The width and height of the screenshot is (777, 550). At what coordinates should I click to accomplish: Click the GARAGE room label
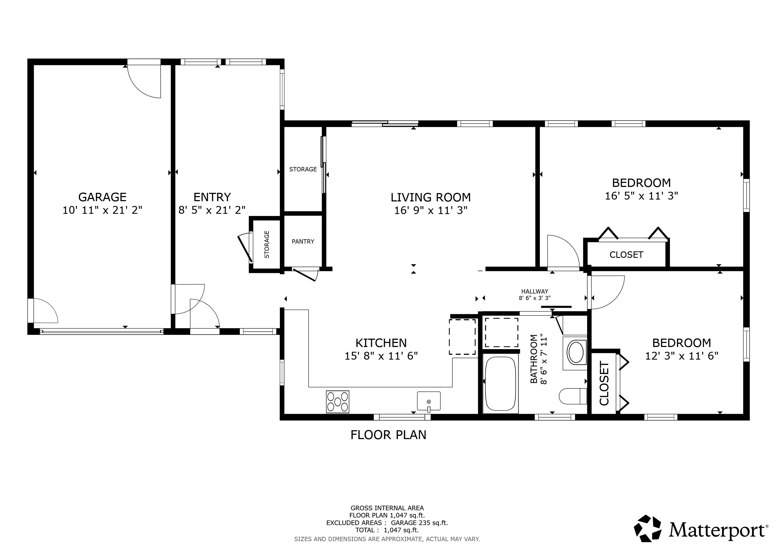click(x=102, y=197)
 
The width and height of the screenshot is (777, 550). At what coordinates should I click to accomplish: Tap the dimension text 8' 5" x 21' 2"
click(x=212, y=210)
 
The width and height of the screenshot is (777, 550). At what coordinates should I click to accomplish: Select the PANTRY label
click(x=303, y=241)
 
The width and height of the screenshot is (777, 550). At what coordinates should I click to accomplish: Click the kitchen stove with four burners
click(x=338, y=402)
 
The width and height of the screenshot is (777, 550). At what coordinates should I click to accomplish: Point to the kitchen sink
click(x=428, y=401)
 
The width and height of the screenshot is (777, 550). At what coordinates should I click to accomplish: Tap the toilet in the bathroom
click(x=572, y=396)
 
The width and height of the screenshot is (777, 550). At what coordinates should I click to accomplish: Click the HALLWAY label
click(x=534, y=291)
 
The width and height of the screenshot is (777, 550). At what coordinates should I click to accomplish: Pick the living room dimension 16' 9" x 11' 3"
click(x=430, y=210)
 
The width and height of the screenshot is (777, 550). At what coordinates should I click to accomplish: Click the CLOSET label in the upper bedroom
click(x=626, y=255)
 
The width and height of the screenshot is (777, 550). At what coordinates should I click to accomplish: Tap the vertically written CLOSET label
click(x=604, y=383)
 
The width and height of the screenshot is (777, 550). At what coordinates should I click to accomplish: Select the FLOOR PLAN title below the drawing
click(x=388, y=435)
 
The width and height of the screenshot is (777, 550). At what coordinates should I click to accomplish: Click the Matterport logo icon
click(x=647, y=528)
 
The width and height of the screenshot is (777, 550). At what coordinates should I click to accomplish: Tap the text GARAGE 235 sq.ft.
click(x=419, y=523)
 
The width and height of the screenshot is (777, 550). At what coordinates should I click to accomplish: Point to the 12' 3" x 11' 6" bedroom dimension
click(x=681, y=356)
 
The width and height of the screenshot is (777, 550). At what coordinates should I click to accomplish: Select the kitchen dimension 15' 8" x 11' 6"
click(x=381, y=356)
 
